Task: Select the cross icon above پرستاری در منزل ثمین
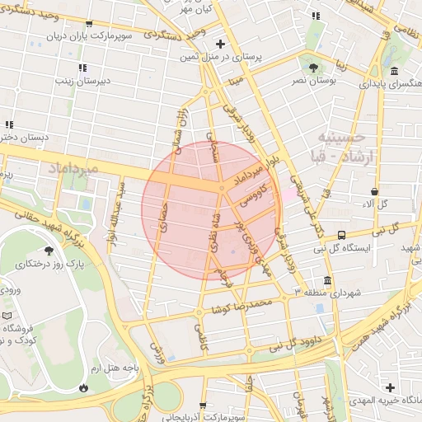pos(219,44)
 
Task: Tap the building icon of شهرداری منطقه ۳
pos(328,279)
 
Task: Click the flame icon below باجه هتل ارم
pos(83,387)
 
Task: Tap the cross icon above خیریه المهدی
pos(390,387)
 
